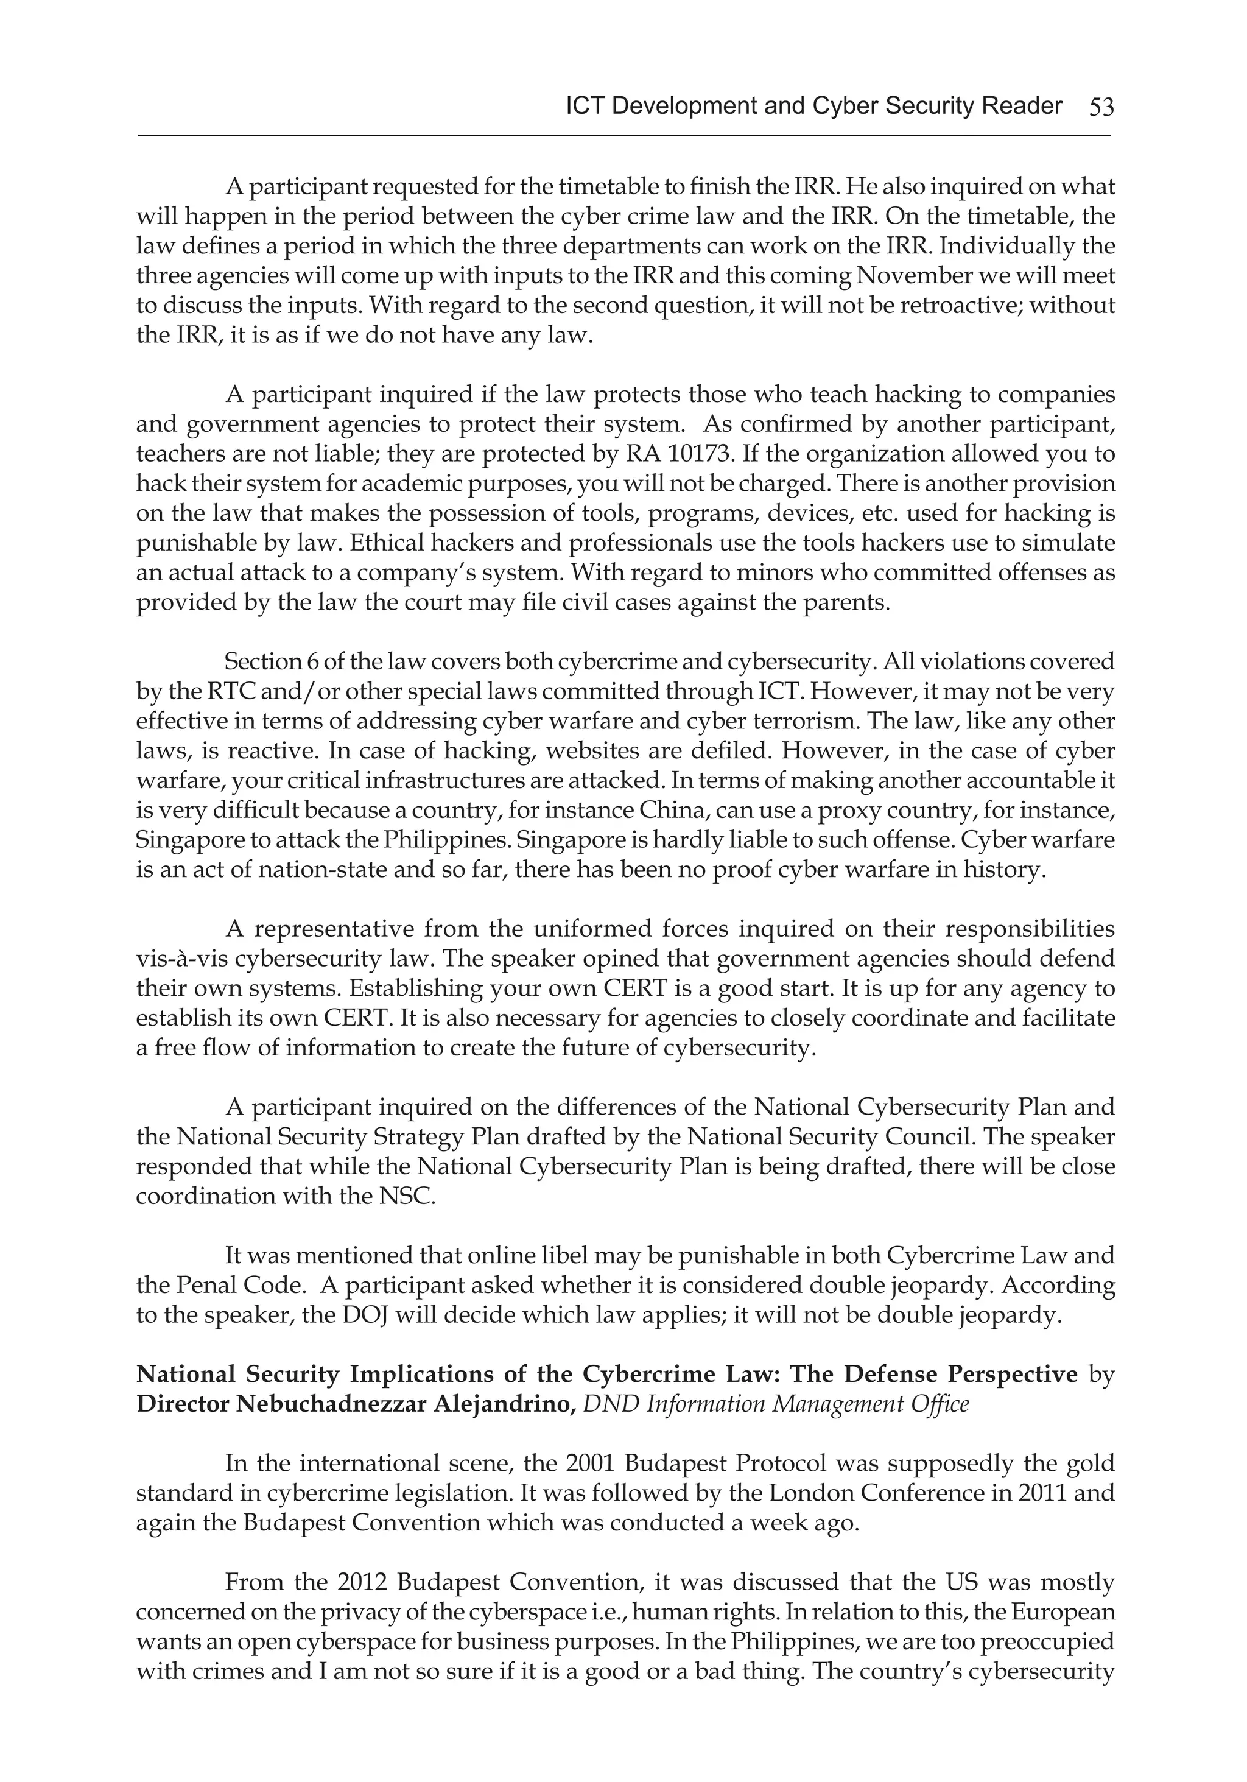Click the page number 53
tap(1101, 107)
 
